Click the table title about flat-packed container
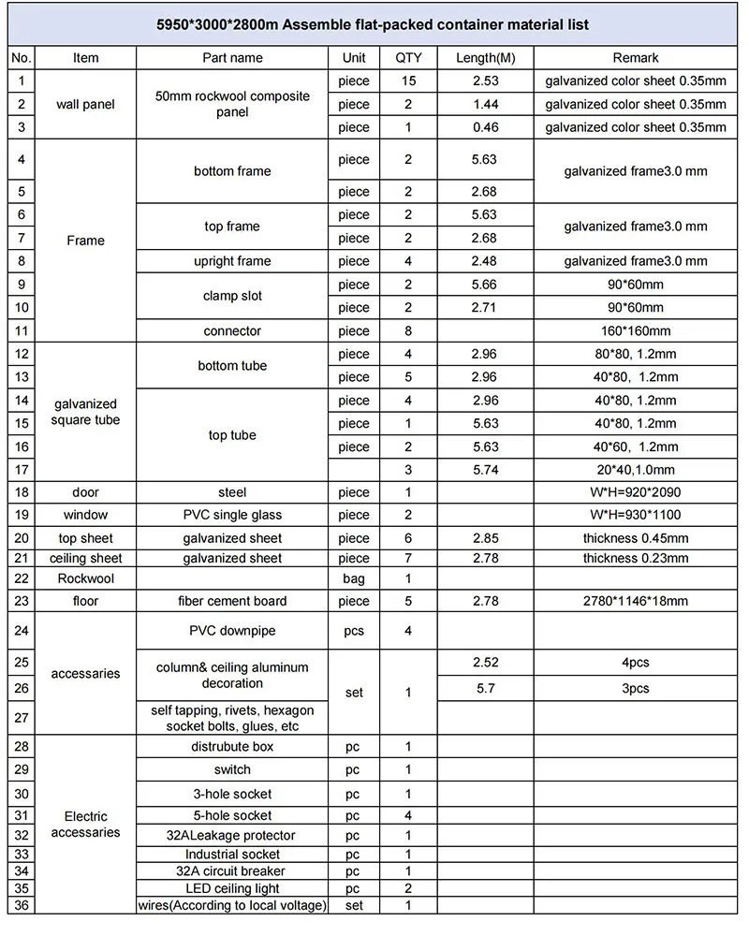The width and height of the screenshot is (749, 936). coord(374,24)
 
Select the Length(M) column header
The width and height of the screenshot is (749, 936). coord(484,58)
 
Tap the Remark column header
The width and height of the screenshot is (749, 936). coord(636,58)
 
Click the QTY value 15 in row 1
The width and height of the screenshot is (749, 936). coord(408,81)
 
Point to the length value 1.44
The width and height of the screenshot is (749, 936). coord(484,105)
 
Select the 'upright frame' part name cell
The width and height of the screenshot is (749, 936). coord(232,261)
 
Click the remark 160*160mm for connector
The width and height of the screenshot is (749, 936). coord(636,330)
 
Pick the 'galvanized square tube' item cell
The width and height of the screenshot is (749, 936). coord(85,412)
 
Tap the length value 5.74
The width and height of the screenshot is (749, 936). coord(484,470)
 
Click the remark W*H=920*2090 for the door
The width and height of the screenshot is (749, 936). coord(636,492)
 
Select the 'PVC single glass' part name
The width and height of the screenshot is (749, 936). coord(232,515)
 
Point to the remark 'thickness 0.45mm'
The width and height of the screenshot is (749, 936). coord(636,538)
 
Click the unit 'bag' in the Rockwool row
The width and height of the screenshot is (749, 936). coord(354,579)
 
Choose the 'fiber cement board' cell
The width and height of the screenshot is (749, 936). coord(232,601)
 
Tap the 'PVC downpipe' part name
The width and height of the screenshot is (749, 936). coord(232,631)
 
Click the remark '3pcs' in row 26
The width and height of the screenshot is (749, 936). coord(636,689)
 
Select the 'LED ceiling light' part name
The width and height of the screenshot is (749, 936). coord(232,888)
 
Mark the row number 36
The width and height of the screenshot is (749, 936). coord(21,905)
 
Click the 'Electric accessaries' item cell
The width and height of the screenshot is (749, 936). coord(85,825)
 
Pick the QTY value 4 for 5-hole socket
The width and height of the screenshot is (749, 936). coord(408,815)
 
